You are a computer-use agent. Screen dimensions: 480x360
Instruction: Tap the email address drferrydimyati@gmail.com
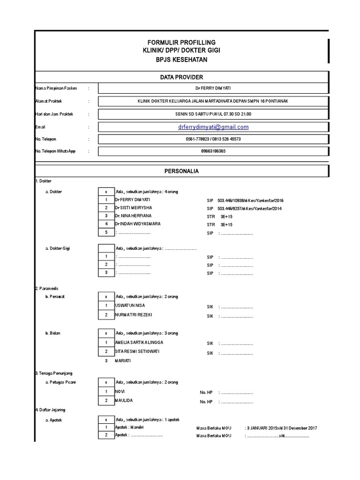coord(213,127)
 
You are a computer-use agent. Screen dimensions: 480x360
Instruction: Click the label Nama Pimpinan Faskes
coord(56,88)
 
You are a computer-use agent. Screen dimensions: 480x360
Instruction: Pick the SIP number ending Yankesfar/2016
coord(250,200)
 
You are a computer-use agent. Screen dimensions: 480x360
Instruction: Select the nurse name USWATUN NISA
coord(130,306)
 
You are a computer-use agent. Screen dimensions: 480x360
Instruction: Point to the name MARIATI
coord(124,361)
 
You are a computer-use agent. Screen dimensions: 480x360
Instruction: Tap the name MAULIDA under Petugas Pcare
coord(124,401)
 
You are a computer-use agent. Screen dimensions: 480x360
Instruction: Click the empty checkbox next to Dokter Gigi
coord(106,248)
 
